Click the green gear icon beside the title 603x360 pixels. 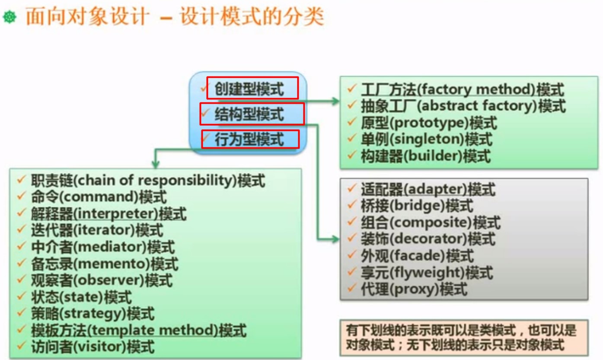(x=10, y=17)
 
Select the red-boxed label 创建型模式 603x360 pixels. (x=249, y=89)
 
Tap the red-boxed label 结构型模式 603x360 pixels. (x=249, y=114)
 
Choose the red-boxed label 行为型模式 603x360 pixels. (x=249, y=139)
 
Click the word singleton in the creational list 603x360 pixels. (x=427, y=139)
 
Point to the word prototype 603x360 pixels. (x=429, y=123)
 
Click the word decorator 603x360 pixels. (x=428, y=239)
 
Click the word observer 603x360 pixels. (x=109, y=280)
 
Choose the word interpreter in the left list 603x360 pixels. (x=116, y=213)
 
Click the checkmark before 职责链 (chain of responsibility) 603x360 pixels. (x=21, y=179)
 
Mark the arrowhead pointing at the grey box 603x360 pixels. (x=335, y=239)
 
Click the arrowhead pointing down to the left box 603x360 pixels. (x=156, y=164)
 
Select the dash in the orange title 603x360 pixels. (x=166, y=18)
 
